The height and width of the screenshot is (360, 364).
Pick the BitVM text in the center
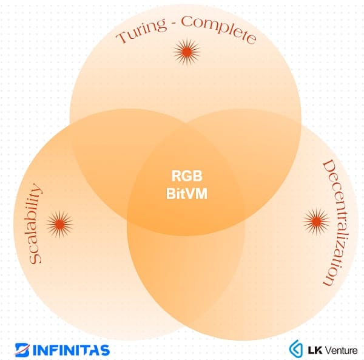[185, 195]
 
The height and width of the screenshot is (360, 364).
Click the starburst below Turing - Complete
[186, 53]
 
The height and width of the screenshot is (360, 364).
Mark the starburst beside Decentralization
[315, 222]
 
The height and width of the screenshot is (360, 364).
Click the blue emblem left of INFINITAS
[22, 350]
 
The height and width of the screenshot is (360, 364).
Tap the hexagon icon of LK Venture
[296, 349]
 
